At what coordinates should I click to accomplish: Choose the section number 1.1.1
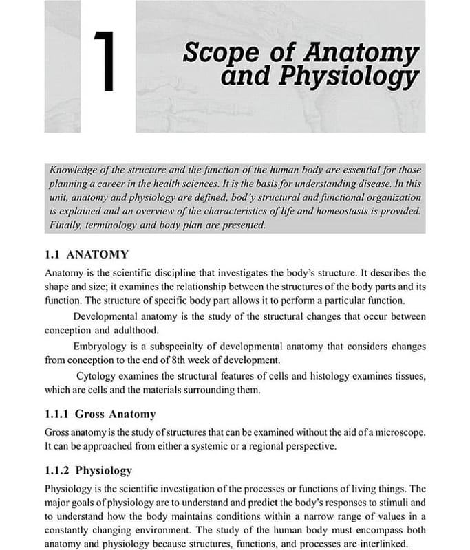[56, 414]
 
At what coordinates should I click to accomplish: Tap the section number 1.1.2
[56, 471]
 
